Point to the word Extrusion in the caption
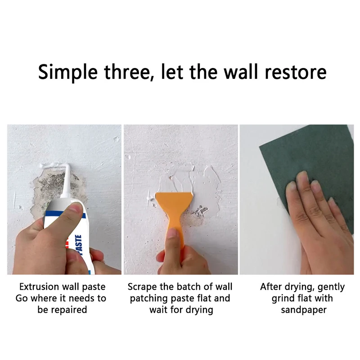(39, 287)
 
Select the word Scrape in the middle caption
(142, 287)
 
